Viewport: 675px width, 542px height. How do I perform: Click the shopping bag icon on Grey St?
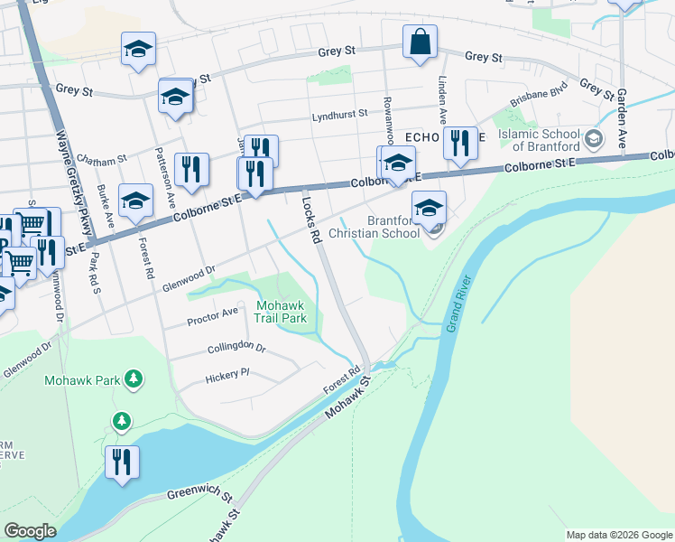click(420, 42)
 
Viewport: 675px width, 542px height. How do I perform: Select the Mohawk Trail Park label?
click(282, 312)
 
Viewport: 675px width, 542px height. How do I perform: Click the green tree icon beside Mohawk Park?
click(134, 378)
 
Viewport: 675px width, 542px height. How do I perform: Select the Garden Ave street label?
click(622, 118)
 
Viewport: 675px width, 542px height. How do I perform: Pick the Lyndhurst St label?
click(339, 116)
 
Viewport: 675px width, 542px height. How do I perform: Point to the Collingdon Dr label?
click(236, 348)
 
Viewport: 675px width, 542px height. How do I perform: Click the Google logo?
click(30, 531)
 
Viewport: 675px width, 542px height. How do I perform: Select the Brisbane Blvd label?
click(538, 98)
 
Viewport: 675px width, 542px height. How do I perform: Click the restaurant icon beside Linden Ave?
click(460, 143)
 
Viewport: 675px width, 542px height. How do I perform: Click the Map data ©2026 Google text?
click(618, 535)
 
